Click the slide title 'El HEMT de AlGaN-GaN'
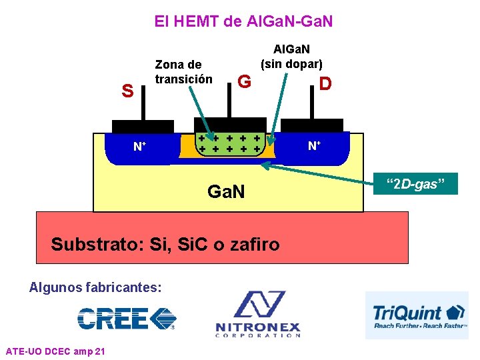tap(243, 21)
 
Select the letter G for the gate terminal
tap(244, 82)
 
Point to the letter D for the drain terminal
tap(325, 83)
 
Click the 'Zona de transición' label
tap(183, 72)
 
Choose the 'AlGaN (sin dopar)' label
tap(291, 57)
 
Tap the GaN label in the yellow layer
tap(227, 192)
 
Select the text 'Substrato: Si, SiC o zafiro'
tap(165, 244)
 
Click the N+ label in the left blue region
tap(139, 146)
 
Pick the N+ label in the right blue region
tap(314, 145)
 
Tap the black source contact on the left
tap(143, 126)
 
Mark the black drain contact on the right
tap(312, 125)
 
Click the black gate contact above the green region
tap(229, 124)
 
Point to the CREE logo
tap(127, 319)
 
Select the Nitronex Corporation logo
tap(258, 314)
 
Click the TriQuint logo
tap(418, 315)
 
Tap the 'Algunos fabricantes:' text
tap(95, 287)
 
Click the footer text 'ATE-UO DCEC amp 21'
tap(55, 351)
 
